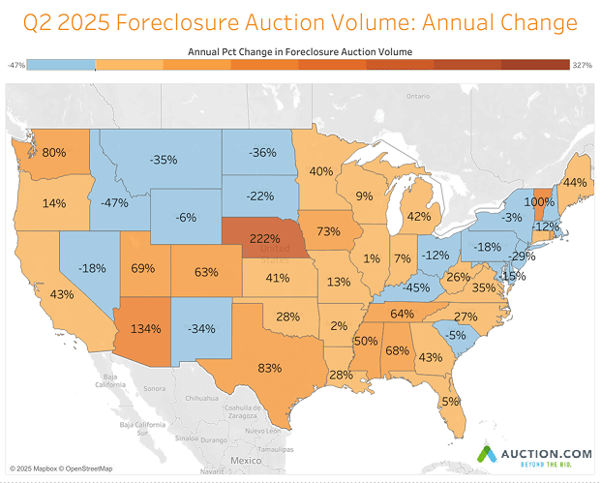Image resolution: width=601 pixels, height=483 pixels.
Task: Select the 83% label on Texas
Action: (x=269, y=368)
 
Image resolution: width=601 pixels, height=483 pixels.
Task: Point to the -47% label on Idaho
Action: (x=116, y=203)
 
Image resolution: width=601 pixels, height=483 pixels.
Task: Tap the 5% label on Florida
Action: (x=450, y=402)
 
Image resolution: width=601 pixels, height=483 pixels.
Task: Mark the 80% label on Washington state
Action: (x=54, y=153)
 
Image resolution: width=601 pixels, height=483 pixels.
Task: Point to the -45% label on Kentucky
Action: (x=418, y=287)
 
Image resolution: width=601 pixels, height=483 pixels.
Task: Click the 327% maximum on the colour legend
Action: (x=583, y=65)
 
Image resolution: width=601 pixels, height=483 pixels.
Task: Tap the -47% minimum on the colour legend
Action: (x=15, y=65)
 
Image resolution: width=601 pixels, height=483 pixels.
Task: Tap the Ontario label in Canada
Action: (x=417, y=96)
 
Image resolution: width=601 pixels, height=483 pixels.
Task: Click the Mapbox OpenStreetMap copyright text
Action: (x=61, y=469)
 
